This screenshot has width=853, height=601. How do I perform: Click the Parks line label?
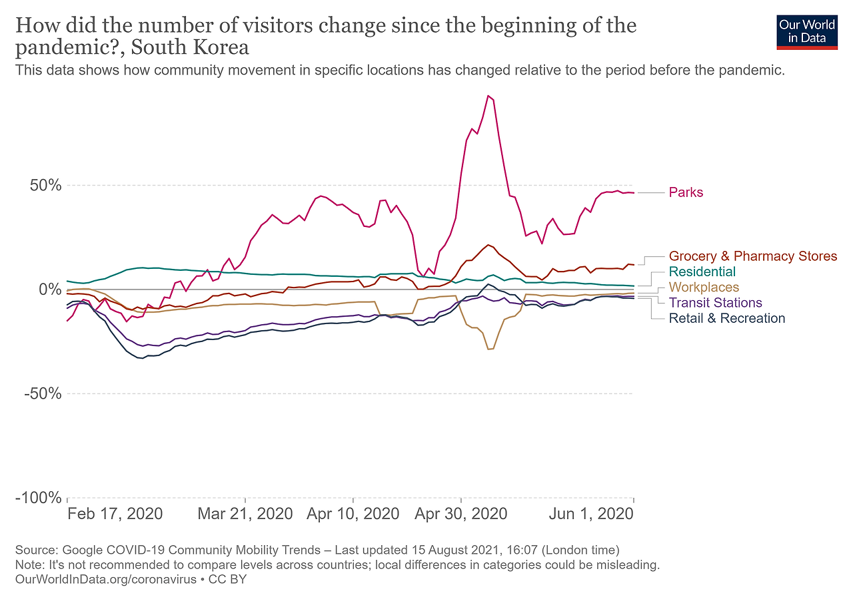(686, 192)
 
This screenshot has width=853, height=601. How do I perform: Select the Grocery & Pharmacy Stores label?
(752, 256)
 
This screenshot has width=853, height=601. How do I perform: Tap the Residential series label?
(702, 272)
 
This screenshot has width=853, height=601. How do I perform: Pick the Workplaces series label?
(704, 288)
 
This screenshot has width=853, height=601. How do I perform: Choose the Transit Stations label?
(715, 303)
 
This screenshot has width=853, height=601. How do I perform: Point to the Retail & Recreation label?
(726, 318)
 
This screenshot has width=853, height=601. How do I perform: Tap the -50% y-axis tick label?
(43, 393)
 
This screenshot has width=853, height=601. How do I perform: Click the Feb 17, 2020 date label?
(115, 514)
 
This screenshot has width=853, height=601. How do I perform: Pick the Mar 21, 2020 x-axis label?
(245, 514)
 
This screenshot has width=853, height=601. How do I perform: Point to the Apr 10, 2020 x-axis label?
(353, 514)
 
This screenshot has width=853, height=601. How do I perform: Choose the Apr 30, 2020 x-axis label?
(460, 514)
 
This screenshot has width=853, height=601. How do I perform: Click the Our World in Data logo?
(806, 31)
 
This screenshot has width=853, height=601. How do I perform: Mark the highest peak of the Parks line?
(488, 96)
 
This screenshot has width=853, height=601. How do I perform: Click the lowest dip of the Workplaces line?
(489, 349)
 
